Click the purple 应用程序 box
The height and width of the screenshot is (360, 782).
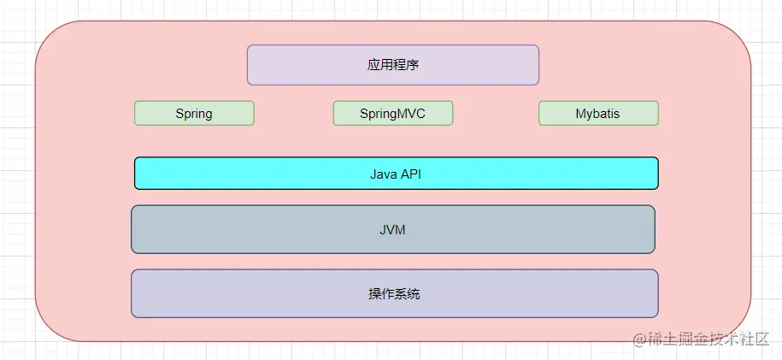pyautogui.click(x=393, y=65)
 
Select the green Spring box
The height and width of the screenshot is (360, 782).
pyautogui.click(x=194, y=113)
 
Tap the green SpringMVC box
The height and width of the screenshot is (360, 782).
pyautogui.click(x=392, y=113)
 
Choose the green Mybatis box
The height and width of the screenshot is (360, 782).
pyautogui.click(x=598, y=113)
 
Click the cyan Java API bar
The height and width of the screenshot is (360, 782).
pyautogui.click(x=396, y=173)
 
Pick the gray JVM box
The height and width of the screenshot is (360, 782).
pyautogui.click(x=393, y=229)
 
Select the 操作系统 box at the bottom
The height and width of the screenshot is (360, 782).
pyautogui.click(x=394, y=293)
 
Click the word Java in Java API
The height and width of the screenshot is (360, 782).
pyautogui.click(x=383, y=174)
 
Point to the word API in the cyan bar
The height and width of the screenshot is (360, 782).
pyautogui.click(x=411, y=174)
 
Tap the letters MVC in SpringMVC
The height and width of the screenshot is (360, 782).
pyautogui.click(x=410, y=113)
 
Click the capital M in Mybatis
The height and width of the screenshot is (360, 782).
pyautogui.click(x=580, y=113)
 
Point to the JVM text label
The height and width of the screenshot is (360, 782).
pyautogui.click(x=393, y=229)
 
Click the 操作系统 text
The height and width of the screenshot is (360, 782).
pyautogui.click(x=394, y=294)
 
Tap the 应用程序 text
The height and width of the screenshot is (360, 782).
pyautogui.click(x=393, y=65)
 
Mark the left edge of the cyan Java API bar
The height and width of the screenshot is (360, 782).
pyautogui.click(x=135, y=173)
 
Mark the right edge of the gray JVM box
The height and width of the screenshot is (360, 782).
pyautogui.click(x=655, y=229)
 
